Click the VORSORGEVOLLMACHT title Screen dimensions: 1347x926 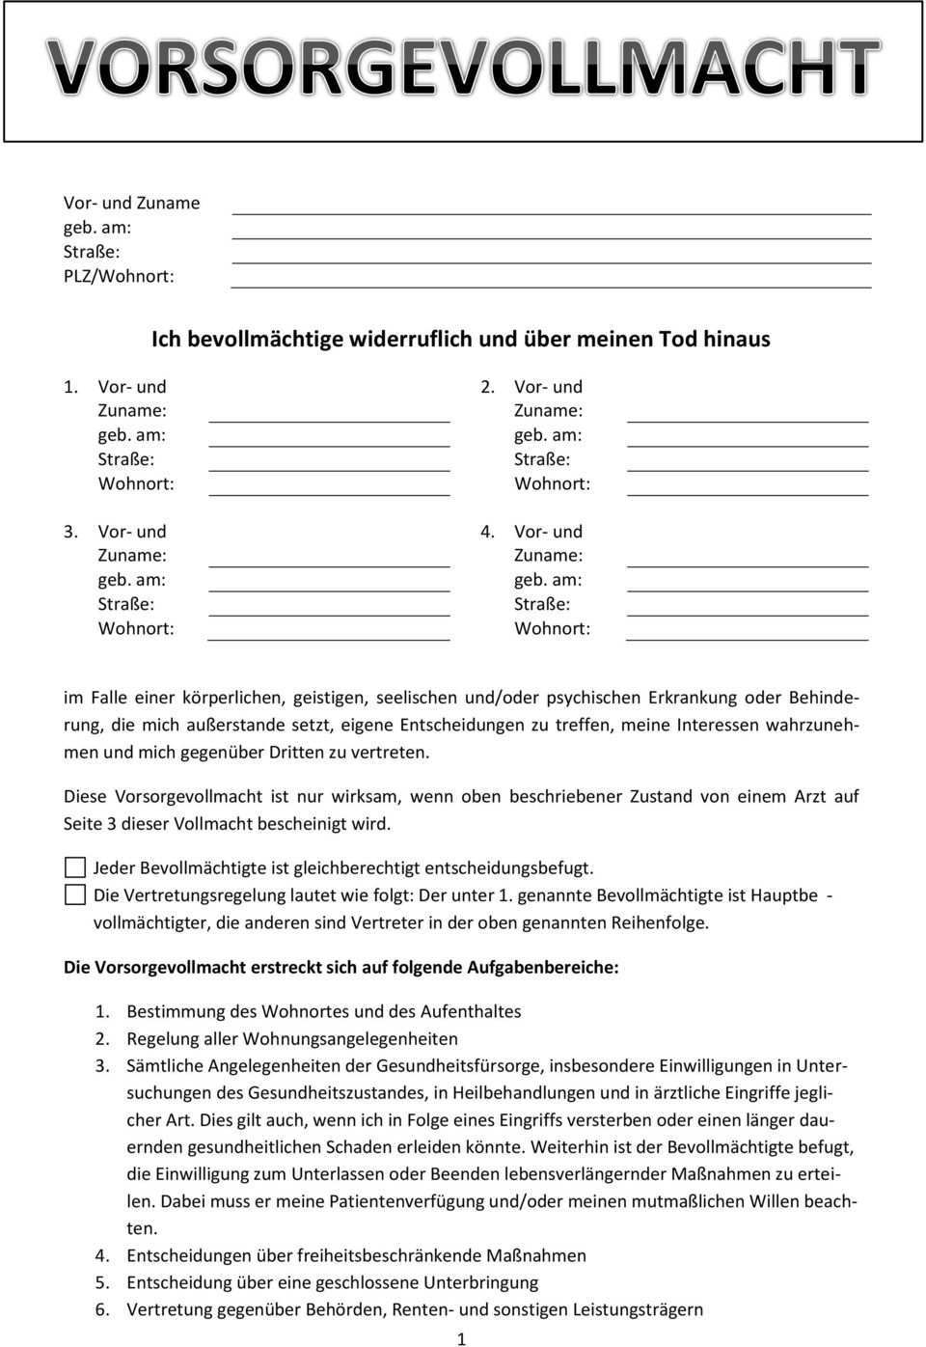(464, 69)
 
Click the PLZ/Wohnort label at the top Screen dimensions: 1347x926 (119, 276)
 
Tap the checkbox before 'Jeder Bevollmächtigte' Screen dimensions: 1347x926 (75, 866)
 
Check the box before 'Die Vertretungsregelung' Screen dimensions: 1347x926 (75, 894)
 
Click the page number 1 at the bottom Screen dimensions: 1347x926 (461, 1338)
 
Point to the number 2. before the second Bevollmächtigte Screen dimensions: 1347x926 (489, 387)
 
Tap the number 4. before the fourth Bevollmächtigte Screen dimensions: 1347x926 (489, 532)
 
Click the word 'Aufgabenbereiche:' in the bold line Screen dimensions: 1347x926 (543, 967)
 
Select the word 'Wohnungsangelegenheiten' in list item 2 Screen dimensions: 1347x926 (350, 1039)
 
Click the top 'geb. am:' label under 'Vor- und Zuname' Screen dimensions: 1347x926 (97, 228)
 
